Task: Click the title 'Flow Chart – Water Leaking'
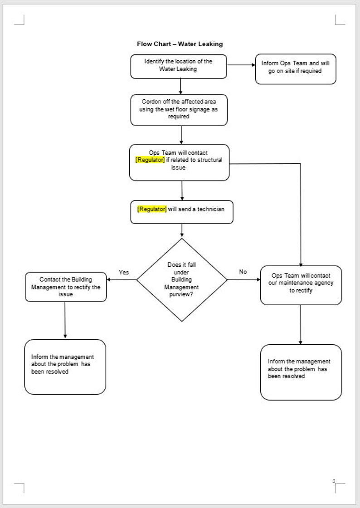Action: click(x=180, y=44)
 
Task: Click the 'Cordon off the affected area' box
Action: click(x=179, y=109)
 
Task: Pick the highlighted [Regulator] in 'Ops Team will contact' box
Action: click(x=150, y=160)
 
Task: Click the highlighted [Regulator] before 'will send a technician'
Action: click(x=152, y=209)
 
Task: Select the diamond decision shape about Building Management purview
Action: click(x=182, y=280)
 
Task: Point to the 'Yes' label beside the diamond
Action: click(x=124, y=272)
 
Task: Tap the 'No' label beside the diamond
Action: click(x=243, y=272)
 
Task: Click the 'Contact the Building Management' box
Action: click(x=66, y=287)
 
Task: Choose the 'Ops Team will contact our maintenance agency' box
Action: click(x=301, y=284)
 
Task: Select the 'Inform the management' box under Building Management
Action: click(x=65, y=366)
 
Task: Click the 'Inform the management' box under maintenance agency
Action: click(x=301, y=372)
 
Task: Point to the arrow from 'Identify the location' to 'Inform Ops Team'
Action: click(x=241, y=65)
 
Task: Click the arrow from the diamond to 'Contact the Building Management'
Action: click(x=122, y=279)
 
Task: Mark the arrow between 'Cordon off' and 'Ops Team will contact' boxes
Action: click(x=181, y=135)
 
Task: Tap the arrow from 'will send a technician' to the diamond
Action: click(x=182, y=230)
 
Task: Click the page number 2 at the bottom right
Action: click(x=334, y=481)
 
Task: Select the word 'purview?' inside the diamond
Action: click(x=181, y=294)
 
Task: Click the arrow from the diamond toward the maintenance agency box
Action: click(x=244, y=279)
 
